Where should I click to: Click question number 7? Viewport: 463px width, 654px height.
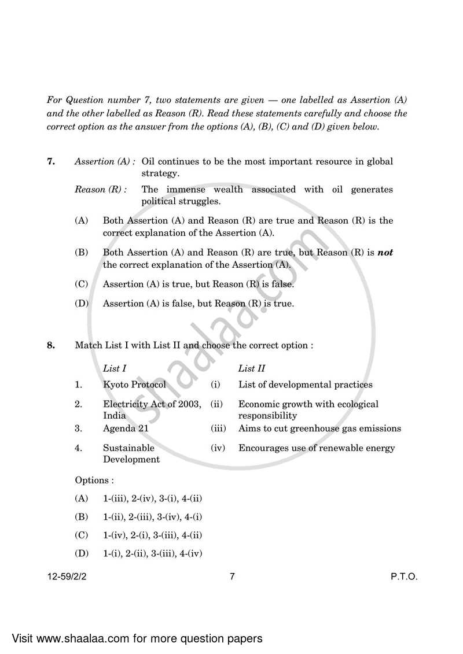51,162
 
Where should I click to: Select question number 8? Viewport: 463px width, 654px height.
51,346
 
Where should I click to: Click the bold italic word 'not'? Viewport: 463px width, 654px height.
385,253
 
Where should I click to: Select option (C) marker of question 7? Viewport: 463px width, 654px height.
82,284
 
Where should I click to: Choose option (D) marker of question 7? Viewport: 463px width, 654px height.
82,304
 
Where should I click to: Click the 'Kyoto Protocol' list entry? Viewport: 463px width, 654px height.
134,385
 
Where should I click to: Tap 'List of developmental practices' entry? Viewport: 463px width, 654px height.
305,385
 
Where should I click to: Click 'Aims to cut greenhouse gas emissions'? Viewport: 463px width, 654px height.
319,428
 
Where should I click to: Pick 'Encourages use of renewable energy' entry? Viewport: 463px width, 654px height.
317,448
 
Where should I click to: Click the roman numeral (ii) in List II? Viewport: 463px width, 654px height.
216,404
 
